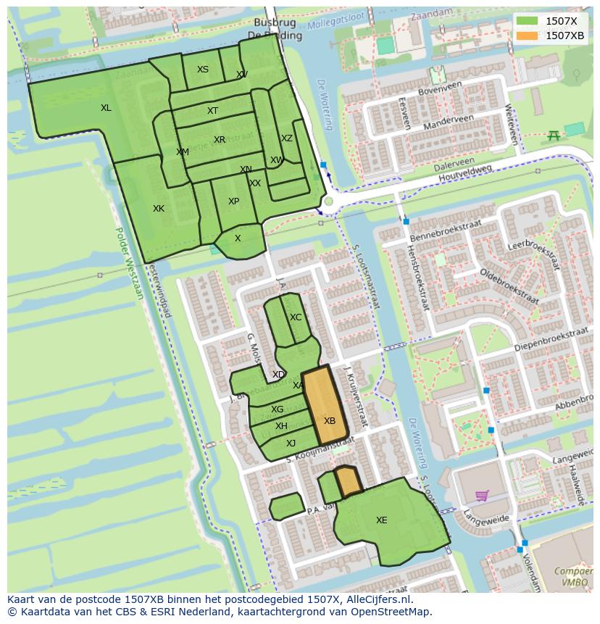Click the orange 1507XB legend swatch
tap(528, 36)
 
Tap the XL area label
tap(106, 108)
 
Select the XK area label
tap(159, 209)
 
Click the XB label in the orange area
tap(330, 421)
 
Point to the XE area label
tap(381, 520)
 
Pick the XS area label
tap(203, 70)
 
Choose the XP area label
tap(233, 201)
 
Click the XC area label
tap(296, 317)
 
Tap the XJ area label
tap(291, 444)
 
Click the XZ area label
tap(287, 138)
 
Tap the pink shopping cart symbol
tap(481, 496)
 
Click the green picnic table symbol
tap(554, 135)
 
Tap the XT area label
tap(212, 111)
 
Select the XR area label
tap(220, 140)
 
